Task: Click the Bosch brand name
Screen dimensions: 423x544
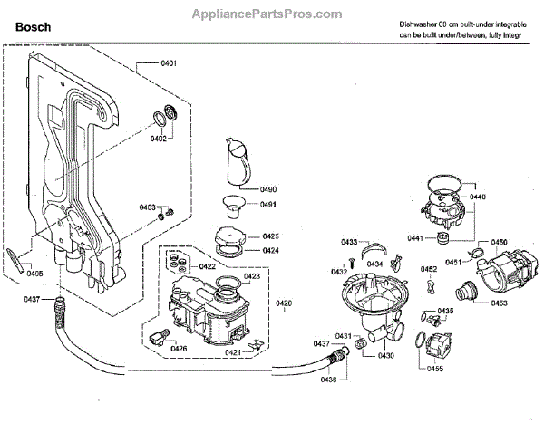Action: coord(32,28)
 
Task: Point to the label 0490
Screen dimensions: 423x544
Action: coord(268,189)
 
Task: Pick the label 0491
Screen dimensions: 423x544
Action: coord(268,205)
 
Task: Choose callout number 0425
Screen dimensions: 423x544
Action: coord(270,236)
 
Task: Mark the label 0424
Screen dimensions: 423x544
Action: coord(270,250)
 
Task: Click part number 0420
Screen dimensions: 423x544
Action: coord(284,302)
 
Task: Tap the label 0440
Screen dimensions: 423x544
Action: coord(478,197)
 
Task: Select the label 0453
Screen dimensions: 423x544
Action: coord(499,303)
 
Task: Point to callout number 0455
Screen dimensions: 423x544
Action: coord(435,369)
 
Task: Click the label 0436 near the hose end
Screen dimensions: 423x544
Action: coord(328,380)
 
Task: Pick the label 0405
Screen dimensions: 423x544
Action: coord(34,273)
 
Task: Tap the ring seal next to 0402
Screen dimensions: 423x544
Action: coord(167,116)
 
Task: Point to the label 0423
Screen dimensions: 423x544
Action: coord(252,276)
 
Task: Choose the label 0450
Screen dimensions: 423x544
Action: coord(499,243)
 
